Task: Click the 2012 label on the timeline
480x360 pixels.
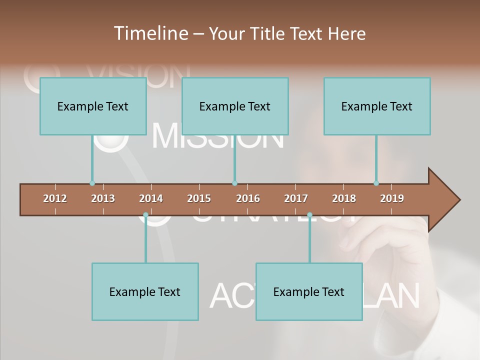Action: [x=55, y=198]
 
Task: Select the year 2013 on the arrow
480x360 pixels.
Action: [x=103, y=198]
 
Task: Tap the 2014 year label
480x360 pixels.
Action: [x=151, y=198]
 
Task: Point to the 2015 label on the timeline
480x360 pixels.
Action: [x=199, y=198]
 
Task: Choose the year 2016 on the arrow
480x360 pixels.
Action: [x=248, y=198]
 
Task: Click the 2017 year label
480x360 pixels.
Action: [x=296, y=198]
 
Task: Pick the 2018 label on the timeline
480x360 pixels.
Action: [x=344, y=198]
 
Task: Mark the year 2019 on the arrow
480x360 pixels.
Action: [x=392, y=198]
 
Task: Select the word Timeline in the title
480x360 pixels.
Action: [x=150, y=33]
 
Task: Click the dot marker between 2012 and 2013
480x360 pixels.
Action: [x=92, y=183]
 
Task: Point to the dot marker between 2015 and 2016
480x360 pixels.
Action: [x=234, y=183]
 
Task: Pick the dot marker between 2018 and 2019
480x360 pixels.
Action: [x=376, y=183]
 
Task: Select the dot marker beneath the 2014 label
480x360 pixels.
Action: [x=145, y=215]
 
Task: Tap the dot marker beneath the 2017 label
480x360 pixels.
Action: [x=309, y=215]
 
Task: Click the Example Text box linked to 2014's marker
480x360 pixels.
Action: [x=145, y=291]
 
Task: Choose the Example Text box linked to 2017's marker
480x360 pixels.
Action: [x=309, y=291]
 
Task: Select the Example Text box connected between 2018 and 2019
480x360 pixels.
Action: [x=377, y=106]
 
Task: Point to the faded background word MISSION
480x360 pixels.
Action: [x=217, y=136]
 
